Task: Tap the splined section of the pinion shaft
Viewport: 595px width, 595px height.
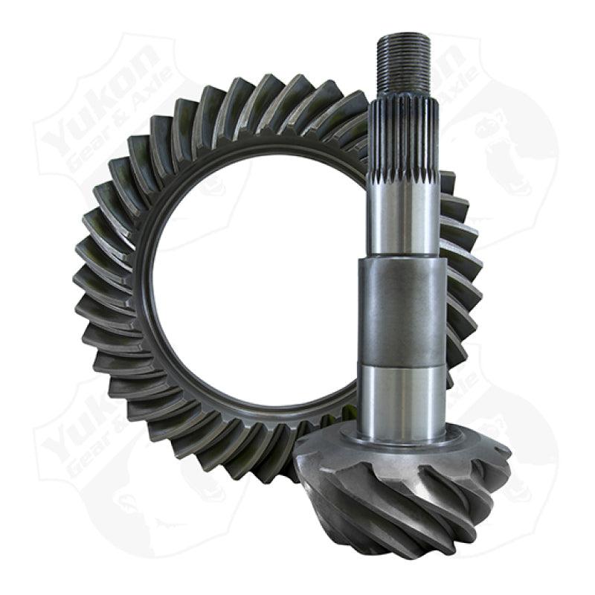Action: click(405, 141)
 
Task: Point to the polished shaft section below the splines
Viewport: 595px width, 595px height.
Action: click(405, 216)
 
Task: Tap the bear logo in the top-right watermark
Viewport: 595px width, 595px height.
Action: click(513, 149)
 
